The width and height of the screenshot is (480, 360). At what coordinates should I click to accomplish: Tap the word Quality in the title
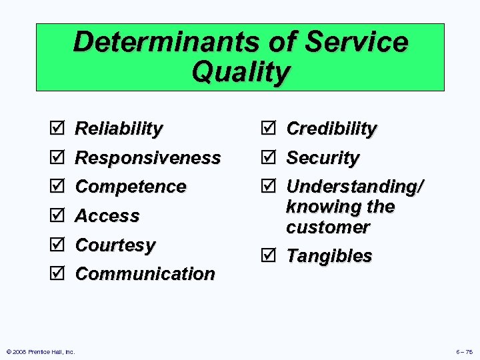coord(241,72)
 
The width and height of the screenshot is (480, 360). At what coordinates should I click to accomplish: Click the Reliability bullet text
coord(119,129)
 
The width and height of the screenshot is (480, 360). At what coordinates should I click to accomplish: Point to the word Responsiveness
coord(147,158)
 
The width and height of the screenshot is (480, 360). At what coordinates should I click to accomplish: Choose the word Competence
coord(131,187)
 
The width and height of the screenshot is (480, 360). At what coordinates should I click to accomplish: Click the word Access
coord(107,216)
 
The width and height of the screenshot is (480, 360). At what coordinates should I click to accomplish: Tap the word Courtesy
coord(115,245)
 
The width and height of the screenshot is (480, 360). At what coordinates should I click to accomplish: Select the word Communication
coord(145,274)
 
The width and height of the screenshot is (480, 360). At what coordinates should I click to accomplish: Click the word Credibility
coord(331,129)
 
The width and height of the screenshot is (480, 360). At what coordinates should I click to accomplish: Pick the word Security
coord(323,158)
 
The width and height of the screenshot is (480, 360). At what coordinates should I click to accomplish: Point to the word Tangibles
coord(329,256)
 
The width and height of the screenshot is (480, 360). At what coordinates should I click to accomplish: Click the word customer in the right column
coord(327,227)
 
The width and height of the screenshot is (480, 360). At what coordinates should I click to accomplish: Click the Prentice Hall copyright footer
coord(40,351)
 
